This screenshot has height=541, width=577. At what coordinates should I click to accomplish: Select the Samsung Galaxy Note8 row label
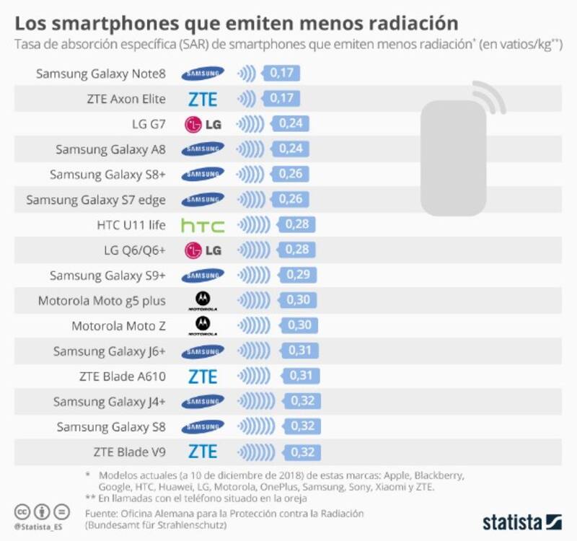(x=101, y=73)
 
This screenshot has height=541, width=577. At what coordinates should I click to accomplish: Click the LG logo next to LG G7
(x=203, y=124)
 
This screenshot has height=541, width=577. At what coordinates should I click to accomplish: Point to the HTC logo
(x=203, y=225)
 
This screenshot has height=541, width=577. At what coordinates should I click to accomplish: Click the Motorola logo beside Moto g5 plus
(x=203, y=299)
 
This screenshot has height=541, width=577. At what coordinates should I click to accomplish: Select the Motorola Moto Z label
(x=118, y=326)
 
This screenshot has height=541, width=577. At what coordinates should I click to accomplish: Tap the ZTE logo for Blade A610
(x=203, y=376)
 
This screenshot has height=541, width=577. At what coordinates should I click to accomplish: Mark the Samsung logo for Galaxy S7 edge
(x=203, y=200)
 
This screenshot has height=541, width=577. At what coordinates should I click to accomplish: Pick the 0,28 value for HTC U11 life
(x=297, y=224)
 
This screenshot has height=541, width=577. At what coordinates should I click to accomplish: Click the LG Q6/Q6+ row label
(x=134, y=250)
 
